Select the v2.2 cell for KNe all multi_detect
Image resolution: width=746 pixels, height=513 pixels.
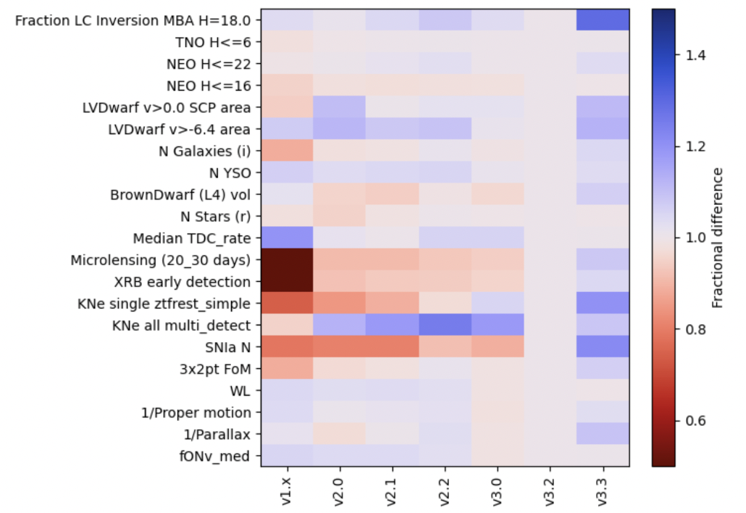coord(445,325)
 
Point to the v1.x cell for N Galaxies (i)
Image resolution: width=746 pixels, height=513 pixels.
coord(286,151)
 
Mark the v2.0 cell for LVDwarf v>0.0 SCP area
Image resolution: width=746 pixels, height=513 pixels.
coord(339,108)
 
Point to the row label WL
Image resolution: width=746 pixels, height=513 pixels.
coord(241,391)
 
